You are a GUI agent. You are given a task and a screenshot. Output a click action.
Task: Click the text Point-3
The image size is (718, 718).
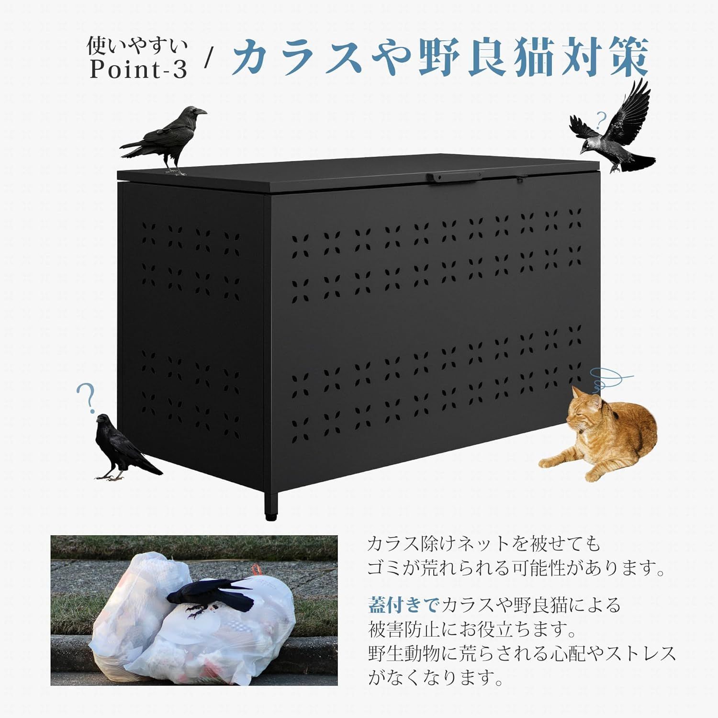138,70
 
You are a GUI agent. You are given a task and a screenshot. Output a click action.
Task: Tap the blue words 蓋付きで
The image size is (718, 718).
404,605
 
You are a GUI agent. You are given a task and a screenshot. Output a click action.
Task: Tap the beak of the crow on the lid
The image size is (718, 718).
202,113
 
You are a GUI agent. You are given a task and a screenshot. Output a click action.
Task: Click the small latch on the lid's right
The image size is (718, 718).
519,180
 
